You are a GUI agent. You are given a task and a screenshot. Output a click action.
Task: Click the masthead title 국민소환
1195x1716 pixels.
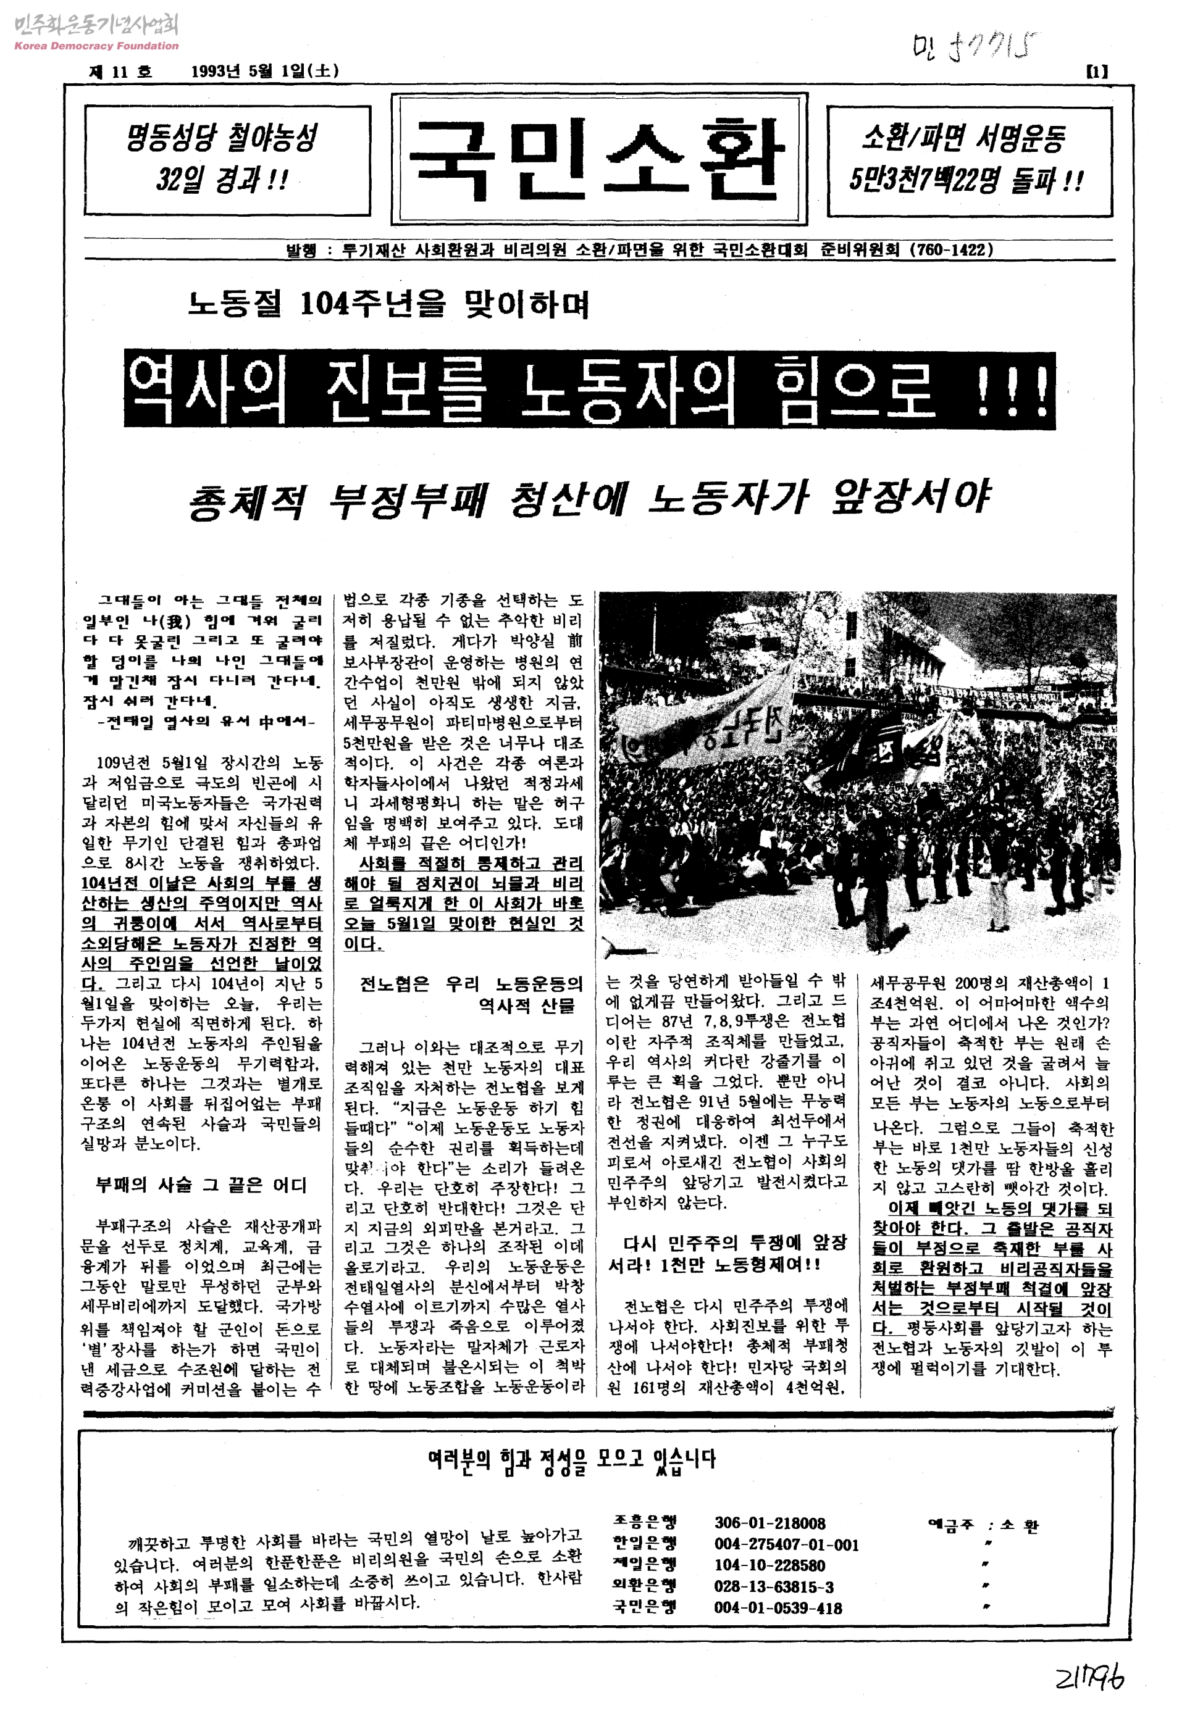pos(598,159)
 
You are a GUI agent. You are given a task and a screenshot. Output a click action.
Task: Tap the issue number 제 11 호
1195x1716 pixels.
pos(120,72)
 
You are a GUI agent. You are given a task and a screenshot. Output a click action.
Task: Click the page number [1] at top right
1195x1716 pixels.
pos(1096,72)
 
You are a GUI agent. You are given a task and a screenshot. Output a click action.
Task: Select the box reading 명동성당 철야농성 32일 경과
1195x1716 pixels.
pos(227,160)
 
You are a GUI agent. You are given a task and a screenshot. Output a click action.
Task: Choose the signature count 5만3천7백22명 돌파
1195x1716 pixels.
pos(965,180)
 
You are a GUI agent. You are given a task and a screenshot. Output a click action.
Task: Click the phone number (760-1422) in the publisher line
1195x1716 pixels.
pos(951,249)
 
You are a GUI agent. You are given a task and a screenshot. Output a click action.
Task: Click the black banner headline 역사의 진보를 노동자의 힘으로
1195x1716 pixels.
pos(589,389)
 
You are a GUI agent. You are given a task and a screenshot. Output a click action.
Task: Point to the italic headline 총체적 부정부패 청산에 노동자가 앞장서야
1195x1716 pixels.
pos(589,499)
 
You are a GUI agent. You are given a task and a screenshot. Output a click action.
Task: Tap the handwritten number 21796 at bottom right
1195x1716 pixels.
pos(1089,1678)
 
